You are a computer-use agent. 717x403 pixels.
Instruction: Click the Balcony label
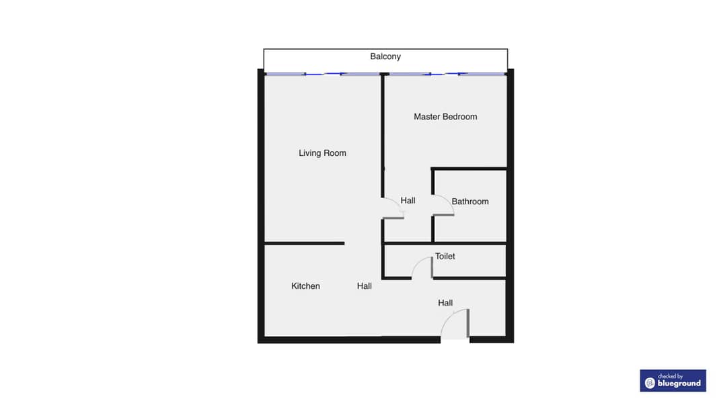385,56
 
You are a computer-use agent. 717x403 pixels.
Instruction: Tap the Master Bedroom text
445,117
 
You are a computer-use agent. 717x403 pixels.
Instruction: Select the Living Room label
322,153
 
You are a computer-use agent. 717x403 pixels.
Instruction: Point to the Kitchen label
305,286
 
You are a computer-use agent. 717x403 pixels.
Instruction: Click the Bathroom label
470,201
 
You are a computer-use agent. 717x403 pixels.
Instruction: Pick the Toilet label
445,257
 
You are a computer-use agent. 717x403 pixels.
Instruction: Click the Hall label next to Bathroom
408,200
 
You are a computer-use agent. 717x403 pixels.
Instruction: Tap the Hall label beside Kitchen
365,286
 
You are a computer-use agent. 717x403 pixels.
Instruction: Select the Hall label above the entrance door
445,303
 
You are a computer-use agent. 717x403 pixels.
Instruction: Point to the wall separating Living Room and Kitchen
305,244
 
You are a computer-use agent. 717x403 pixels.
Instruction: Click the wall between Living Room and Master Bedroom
383,136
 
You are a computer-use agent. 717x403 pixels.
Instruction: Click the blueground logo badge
673,381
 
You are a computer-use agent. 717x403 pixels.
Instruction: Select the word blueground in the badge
679,384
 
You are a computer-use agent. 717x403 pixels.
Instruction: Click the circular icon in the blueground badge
650,383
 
